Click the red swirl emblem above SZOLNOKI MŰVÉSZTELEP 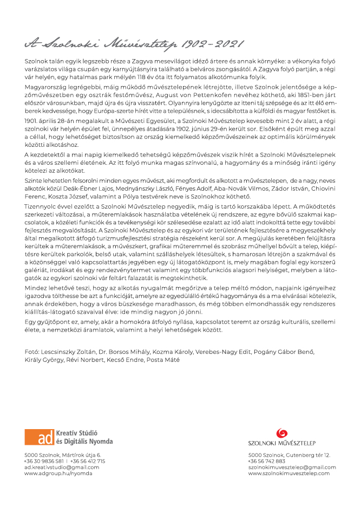click(x=282, y=433)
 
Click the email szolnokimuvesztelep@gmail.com click(x=292, y=467)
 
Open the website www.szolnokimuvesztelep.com click(x=289, y=473)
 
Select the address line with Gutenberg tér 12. click(x=289, y=455)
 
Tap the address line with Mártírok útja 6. click(x=62, y=455)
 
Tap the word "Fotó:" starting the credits click(x=32, y=352)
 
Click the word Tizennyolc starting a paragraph click(x=41, y=206)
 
